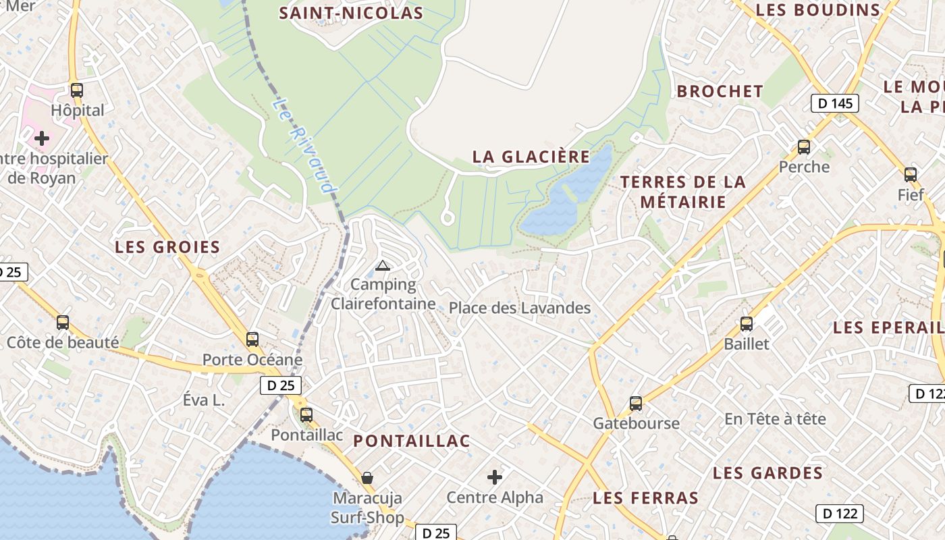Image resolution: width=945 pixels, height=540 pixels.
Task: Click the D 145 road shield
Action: coord(834,103)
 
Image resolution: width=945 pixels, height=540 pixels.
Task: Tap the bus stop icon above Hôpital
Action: coord(77,90)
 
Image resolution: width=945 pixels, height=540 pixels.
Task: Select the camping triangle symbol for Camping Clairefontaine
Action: coord(383,266)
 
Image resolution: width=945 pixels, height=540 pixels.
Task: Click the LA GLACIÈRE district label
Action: coord(531,157)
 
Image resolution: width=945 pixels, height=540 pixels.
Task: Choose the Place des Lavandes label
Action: coord(520,308)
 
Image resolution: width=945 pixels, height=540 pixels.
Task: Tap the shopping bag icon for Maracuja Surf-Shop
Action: coord(367,478)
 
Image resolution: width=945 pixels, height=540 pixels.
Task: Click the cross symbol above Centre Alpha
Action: coord(495,477)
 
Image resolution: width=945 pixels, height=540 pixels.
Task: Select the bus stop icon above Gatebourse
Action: coord(636,404)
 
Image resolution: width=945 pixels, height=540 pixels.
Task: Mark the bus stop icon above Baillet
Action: coord(747,324)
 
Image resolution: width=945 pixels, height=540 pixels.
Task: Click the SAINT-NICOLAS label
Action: coord(351,13)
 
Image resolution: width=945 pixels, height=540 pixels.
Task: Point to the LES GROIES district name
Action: coord(167,247)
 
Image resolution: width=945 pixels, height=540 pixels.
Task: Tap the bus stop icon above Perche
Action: coord(804,147)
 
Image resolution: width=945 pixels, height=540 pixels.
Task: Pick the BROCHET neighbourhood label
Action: coord(720,91)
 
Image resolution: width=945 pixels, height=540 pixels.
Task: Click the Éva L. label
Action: coord(203,400)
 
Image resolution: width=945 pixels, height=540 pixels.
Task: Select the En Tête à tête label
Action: coord(775,419)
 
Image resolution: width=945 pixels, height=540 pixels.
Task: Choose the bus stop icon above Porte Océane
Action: coord(252,340)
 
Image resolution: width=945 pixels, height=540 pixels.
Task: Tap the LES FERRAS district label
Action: coord(645,498)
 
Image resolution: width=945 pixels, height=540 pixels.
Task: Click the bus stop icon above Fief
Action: coord(911,175)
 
